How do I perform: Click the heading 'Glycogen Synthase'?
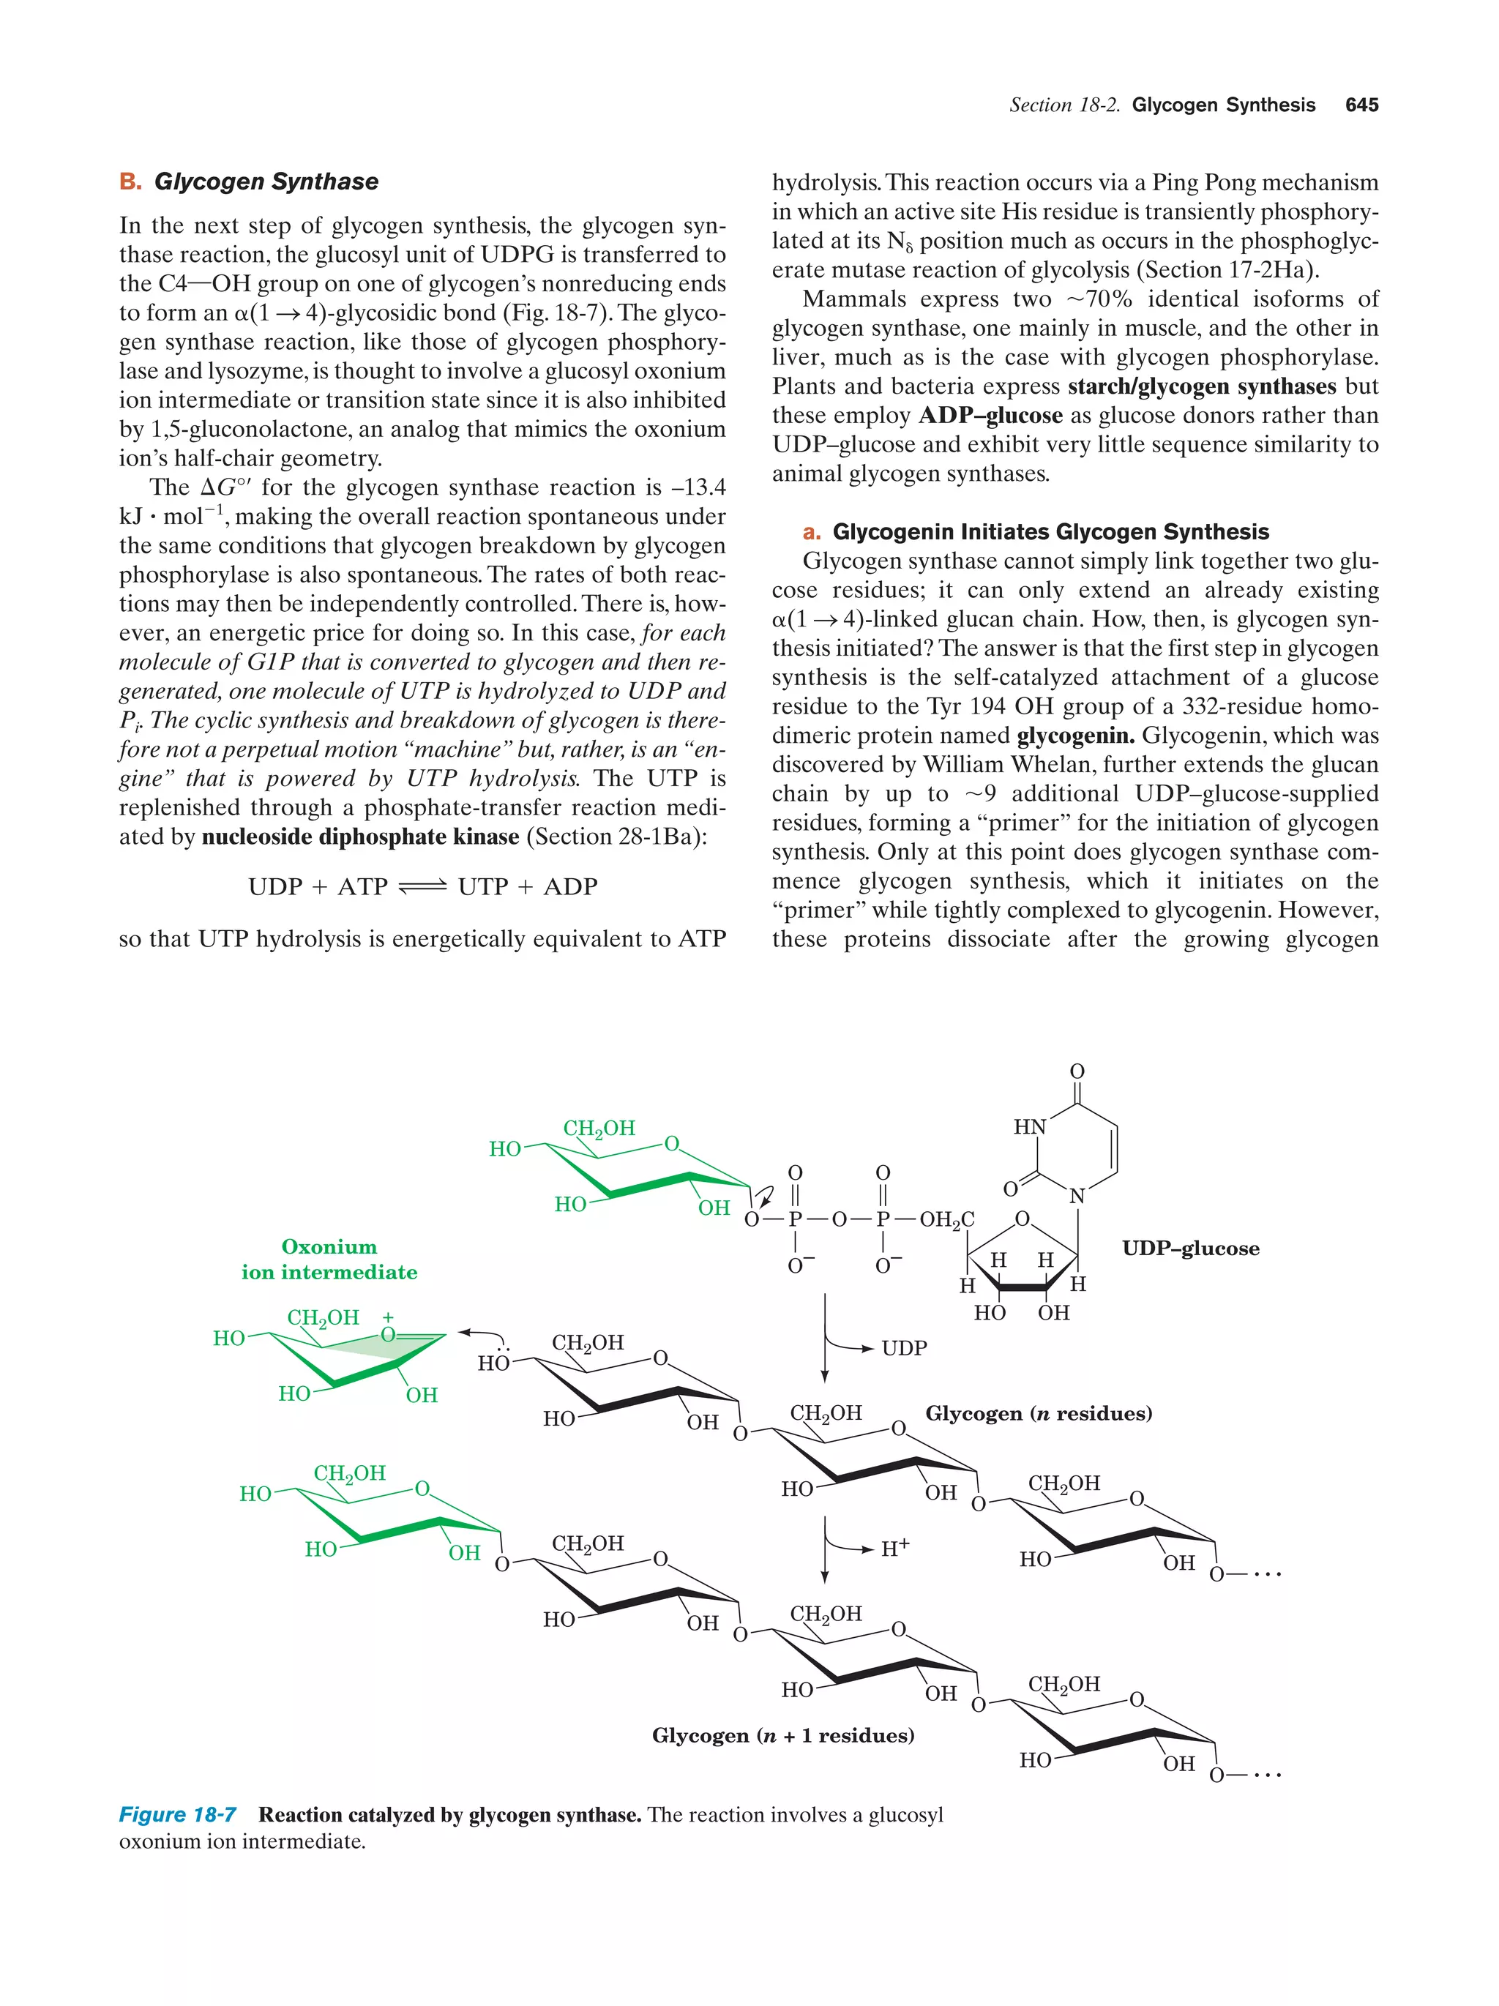pyautogui.click(x=266, y=181)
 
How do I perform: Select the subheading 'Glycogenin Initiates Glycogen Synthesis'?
pyautogui.click(x=1050, y=531)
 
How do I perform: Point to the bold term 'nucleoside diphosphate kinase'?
pyautogui.click(x=360, y=836)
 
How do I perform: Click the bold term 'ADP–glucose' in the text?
pyautogui.click(x=990, y=416)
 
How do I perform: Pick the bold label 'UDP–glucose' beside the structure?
pyautogui.click(x=1190, y=1248)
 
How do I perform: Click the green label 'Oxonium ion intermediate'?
pyautogui.click(x=329, y=1259)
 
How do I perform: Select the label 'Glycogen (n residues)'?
pyautogui.click(x=1039, y=1413)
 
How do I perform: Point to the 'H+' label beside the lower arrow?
pyautogui.click(x=894, y=1548)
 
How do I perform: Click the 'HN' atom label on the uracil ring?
pyautogui.click(x=1029, y=1126)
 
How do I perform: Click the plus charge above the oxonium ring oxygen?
pyautogui.click(x=388, y=1317)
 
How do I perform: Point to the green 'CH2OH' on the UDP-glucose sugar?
pyautogui.click(x=599, y=1129)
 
